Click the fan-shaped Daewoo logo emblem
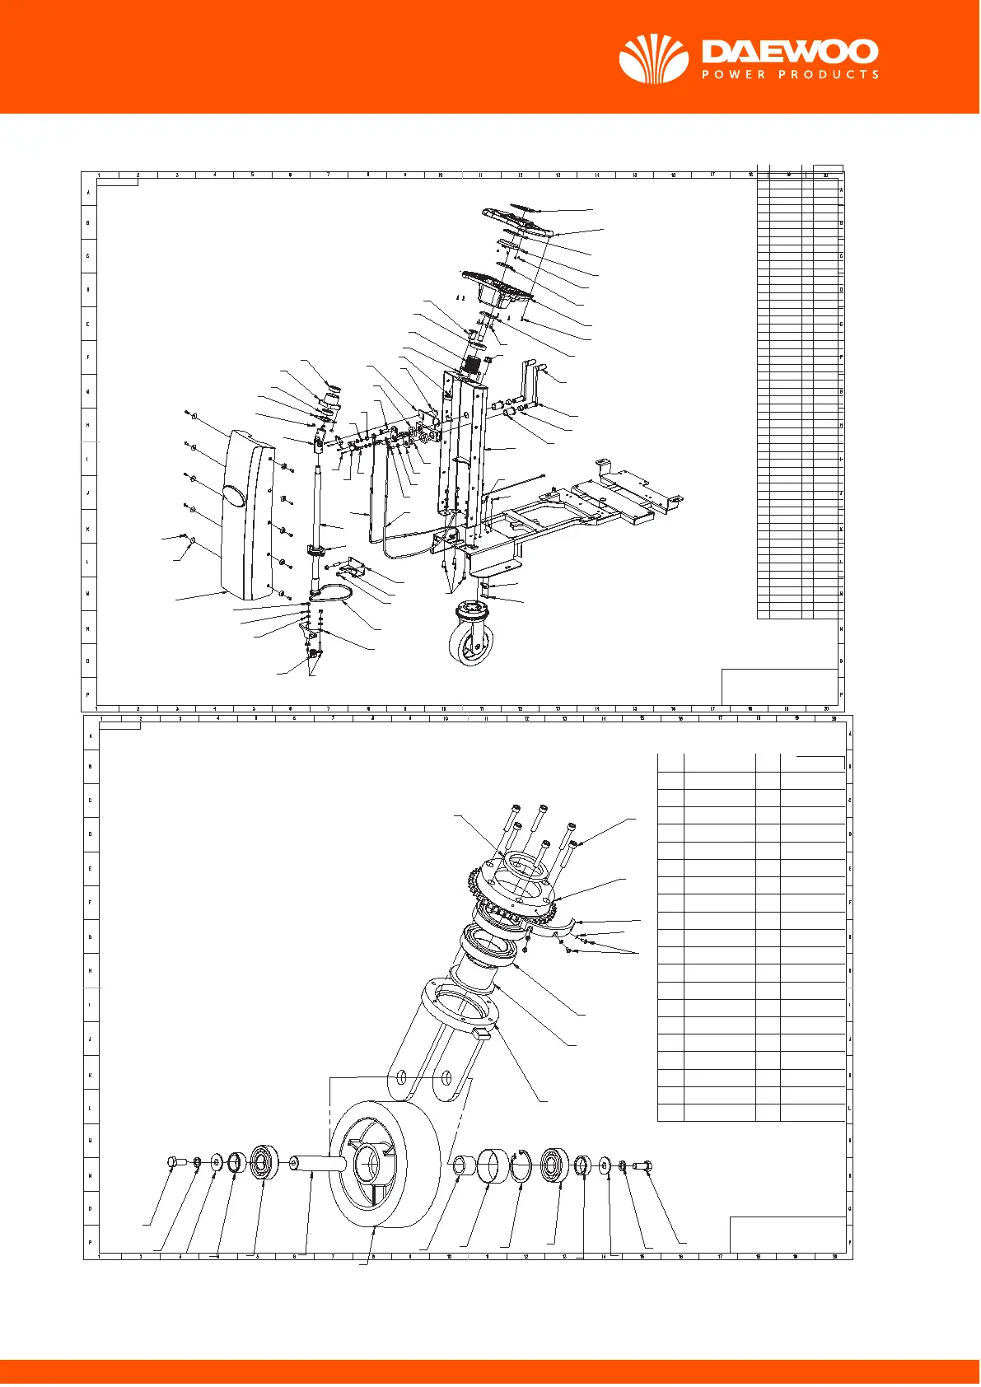point(653,58)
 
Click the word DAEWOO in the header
point(789,53)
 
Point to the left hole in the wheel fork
point(401,1077)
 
